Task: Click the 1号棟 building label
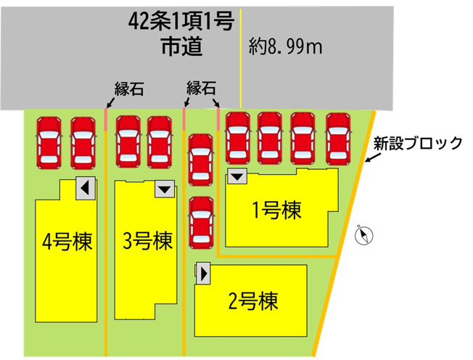point(276,210)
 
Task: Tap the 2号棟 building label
point(253,301)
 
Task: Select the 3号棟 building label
point(147,241)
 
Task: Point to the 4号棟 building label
point(67,242)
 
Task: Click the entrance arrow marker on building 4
point(86,188)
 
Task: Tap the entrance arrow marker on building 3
point(165,189)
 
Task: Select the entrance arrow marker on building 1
point(237,176)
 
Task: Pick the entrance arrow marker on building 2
point(203,274)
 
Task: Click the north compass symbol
point(363,235)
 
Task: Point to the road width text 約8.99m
point(285,46)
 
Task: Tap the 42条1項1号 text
point(181,22)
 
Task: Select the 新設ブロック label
point(418,143)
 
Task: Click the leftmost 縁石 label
point(129,89)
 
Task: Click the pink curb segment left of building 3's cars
point(106,120)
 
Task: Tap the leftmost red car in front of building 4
point(49,143)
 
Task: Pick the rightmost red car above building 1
point(338,139)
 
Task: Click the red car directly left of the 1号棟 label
point(201,223)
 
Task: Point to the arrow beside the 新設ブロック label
point(371,157)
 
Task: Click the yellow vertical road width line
point(241,58)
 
